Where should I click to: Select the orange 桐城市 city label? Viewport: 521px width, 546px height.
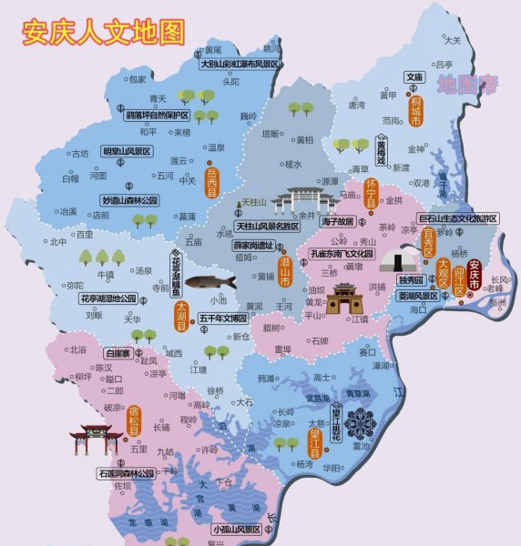[x=416, y=108]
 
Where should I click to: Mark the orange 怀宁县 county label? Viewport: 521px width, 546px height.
[x=371, y=195]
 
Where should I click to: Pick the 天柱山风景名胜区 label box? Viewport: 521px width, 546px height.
[x=267, y=226]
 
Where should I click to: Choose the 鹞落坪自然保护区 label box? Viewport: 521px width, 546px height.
[x=157, y=116]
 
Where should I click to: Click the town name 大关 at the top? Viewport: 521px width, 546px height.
[x=453, y=40]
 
